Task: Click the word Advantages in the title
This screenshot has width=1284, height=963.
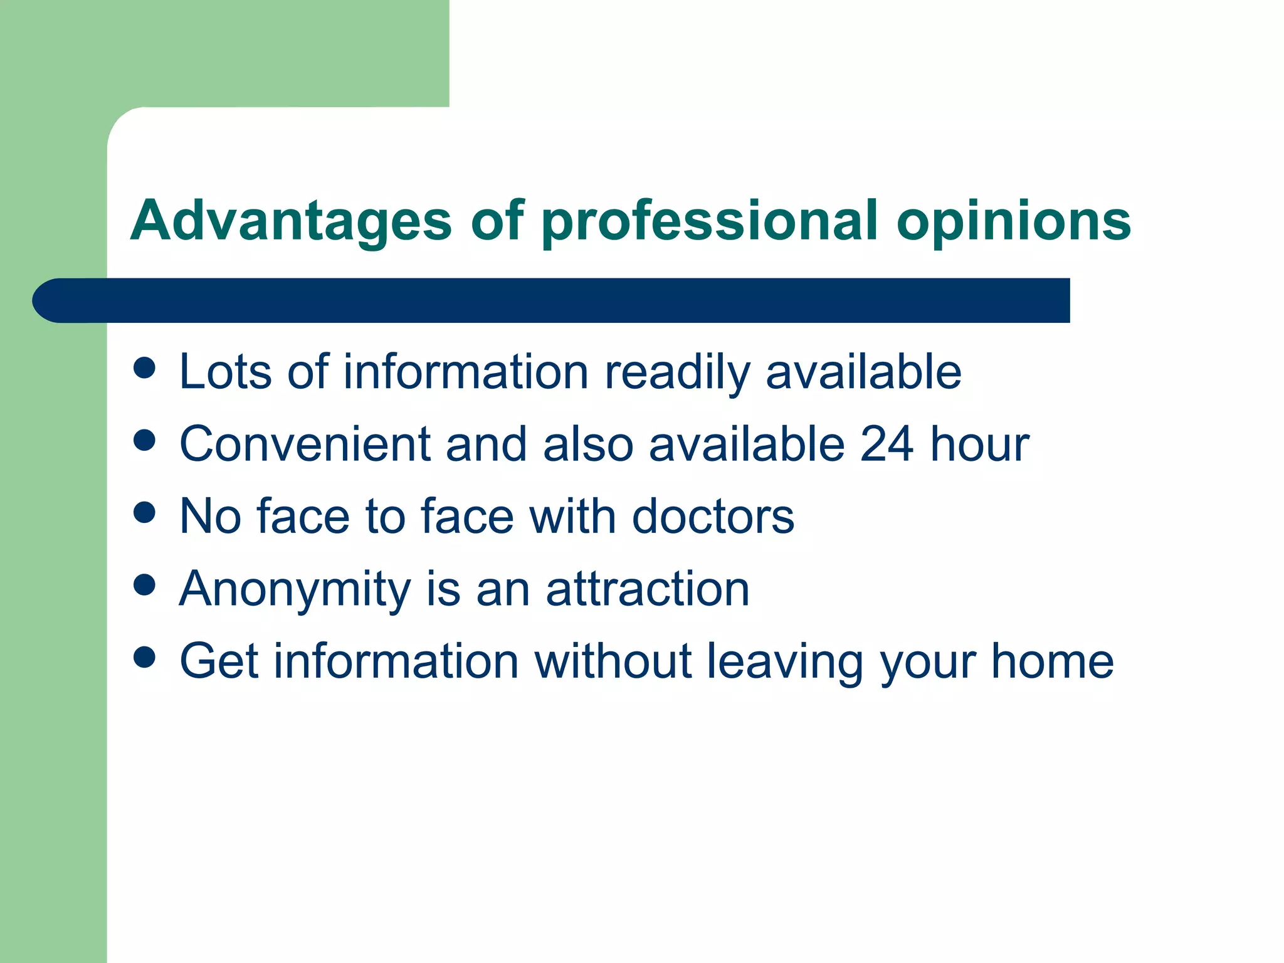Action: point(290,221)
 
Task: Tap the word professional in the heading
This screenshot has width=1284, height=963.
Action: point(709,221)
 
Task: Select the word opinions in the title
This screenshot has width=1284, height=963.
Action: point(1013,221)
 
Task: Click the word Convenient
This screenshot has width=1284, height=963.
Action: point(305,444)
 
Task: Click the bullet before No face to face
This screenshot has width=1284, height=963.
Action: point(144,512)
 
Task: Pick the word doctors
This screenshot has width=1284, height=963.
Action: point(713,517)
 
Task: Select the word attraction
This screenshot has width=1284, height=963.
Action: point(648,589)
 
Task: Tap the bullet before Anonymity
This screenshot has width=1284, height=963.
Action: point(144,584)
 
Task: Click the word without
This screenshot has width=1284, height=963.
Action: point(613,661)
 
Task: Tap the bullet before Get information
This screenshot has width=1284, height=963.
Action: point(144,657)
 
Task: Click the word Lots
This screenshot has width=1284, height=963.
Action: point(225,372)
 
